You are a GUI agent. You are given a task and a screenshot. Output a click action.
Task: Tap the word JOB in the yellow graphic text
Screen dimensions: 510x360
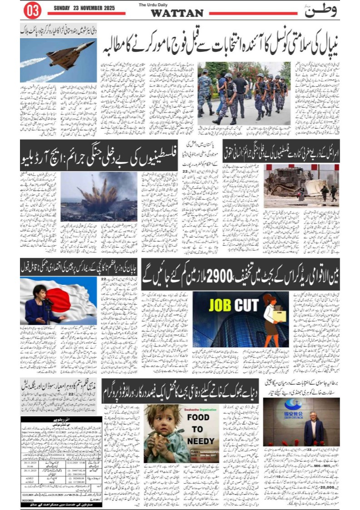pos(221,306)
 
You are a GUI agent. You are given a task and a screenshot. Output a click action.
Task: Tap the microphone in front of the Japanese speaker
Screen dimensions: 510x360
pos(48,302)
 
